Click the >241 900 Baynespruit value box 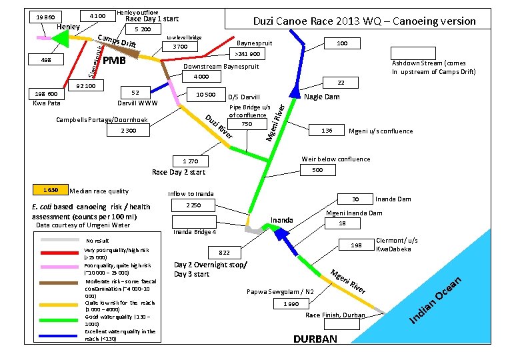[248, 54]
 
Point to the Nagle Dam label [322, 97]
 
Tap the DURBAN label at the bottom [315, 339]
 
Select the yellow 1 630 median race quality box [50, 190]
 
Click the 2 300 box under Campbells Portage [129, 131]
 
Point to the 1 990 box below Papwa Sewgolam [291, 303]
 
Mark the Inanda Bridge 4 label [194, 233]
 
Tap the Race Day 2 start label [179, 172]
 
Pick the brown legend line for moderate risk [61, 283]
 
